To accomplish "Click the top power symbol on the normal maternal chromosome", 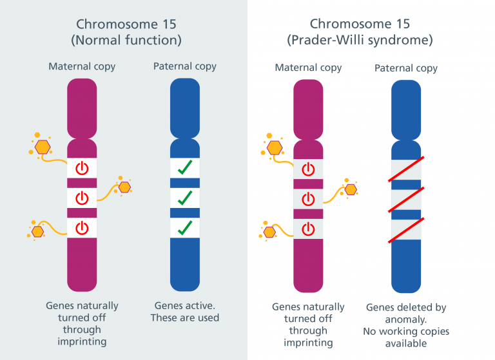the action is [82, 168].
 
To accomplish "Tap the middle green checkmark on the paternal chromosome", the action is [185, 198].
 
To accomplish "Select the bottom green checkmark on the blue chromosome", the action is [185, 228].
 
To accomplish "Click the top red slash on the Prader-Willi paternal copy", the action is [406, 169].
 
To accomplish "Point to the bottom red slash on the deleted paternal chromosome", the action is [406, 231].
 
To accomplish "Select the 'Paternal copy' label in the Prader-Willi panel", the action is [406, 68].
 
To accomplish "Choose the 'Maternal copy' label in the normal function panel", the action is [82, 66].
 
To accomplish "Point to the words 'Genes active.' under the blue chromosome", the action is [185, 305].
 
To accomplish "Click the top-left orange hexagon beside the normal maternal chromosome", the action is [43, 147].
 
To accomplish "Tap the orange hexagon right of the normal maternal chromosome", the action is [124, 187].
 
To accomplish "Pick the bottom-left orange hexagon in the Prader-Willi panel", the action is [269, 232].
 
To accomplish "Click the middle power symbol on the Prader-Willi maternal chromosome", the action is [308, 199].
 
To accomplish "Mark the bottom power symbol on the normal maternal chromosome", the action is [82, 228].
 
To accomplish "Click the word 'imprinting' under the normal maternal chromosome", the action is [82, 341].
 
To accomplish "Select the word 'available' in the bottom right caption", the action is [406, 343].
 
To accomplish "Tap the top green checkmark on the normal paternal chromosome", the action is [185, 167].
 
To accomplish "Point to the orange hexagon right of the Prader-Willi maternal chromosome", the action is [351, 189].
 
